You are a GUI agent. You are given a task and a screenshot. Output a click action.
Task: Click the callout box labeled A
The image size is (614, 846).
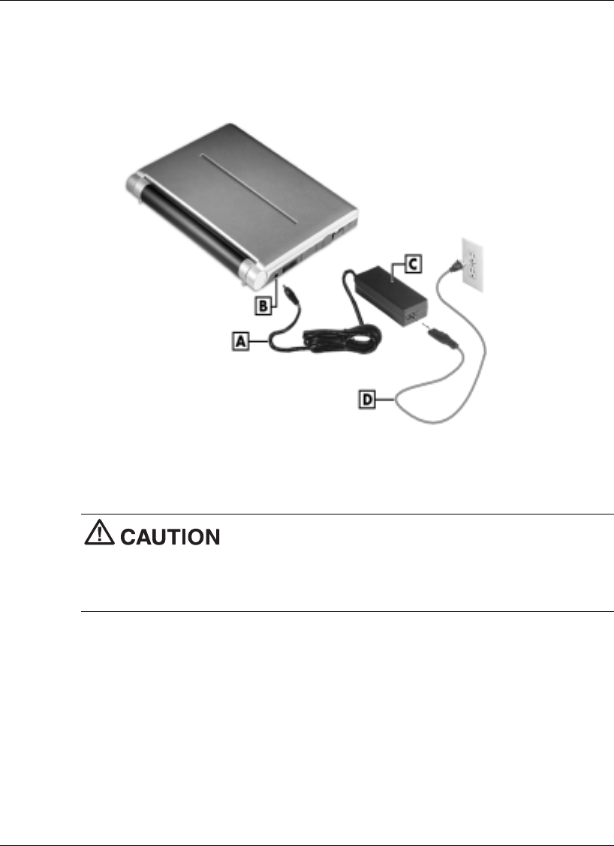(x=241, y=341)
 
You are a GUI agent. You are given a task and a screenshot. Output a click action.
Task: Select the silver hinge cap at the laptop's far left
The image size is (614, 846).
(x=135, y=184)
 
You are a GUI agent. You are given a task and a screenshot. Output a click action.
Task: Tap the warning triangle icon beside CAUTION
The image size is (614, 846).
(x=96, y=535)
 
